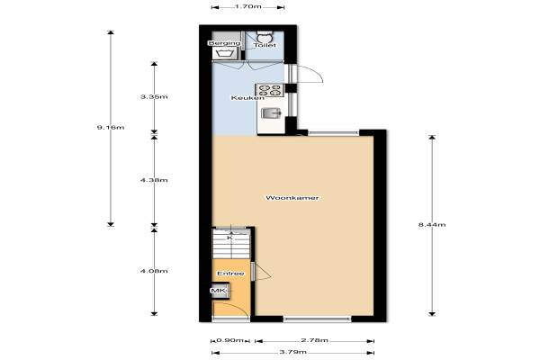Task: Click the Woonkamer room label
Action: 292,198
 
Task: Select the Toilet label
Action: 265,45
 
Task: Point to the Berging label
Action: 224,43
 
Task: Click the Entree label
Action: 230,274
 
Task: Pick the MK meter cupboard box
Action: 220,291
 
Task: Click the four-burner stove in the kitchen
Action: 269,90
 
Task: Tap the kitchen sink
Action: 271,113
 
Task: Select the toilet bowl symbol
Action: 265,37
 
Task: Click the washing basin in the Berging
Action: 224,53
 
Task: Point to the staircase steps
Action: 230,245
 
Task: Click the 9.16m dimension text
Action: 111,128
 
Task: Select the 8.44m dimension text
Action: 432,225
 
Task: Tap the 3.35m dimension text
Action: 154,97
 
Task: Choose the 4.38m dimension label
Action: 154,180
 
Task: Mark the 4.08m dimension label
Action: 154,271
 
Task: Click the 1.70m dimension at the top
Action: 248,6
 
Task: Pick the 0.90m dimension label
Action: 230,340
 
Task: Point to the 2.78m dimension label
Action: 314,340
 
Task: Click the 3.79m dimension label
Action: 292,352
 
